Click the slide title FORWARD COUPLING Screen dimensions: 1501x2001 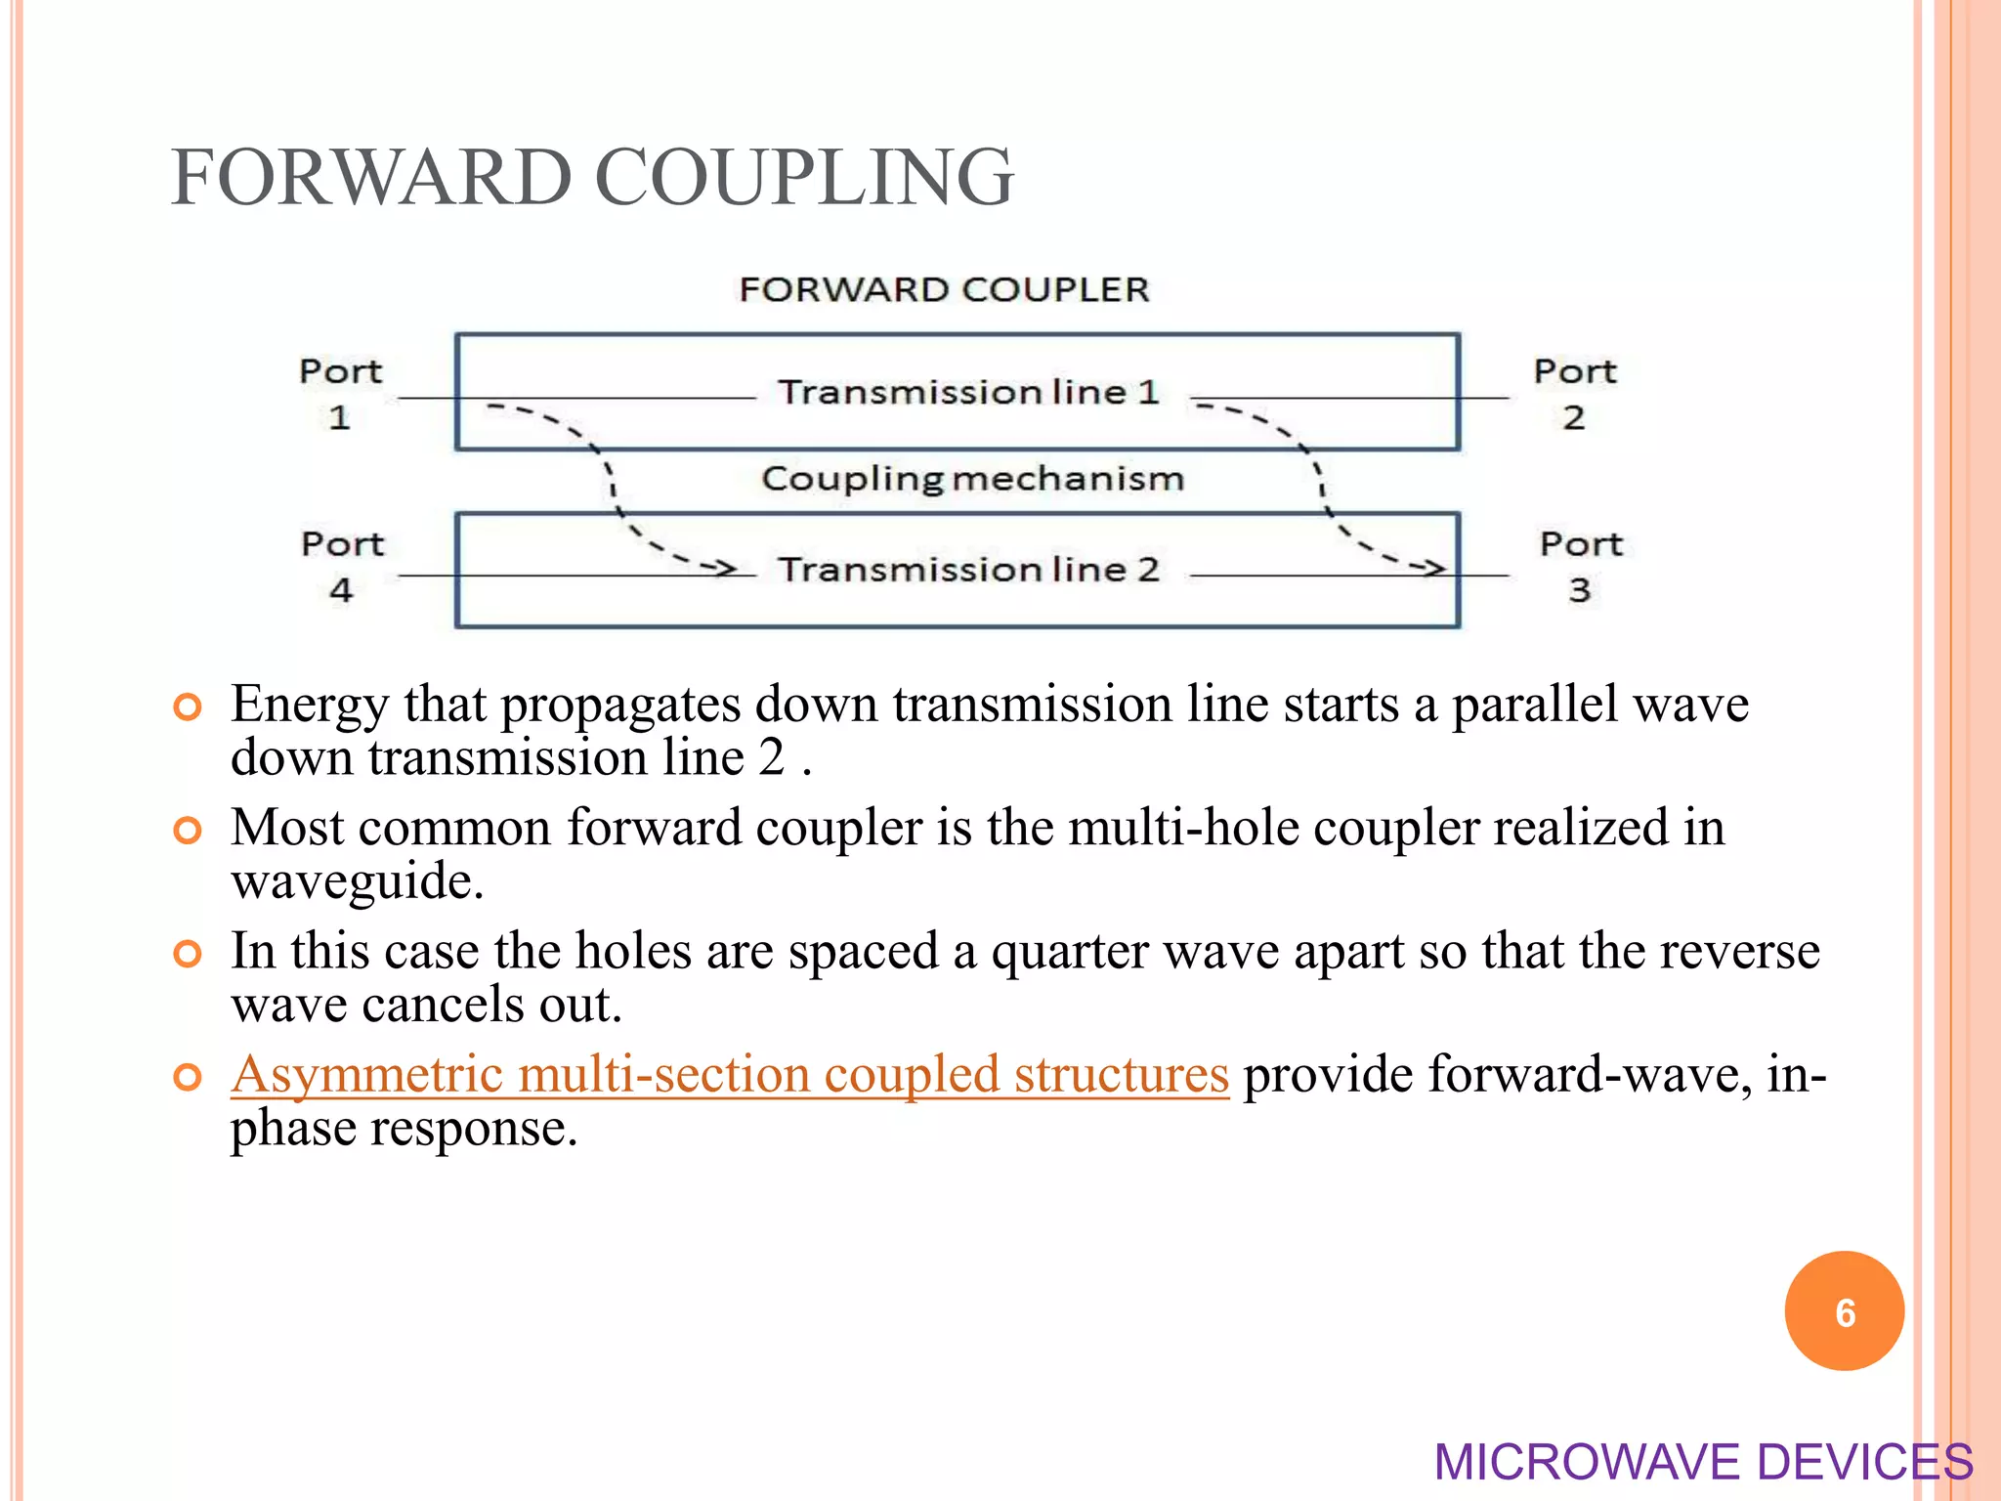[592, 178]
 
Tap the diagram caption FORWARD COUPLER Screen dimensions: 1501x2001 [944, 290]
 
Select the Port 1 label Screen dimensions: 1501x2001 [340, 394]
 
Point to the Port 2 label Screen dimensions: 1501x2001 [1574, 394]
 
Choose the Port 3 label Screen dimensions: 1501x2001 [1581, 567]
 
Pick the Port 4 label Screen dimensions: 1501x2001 [342, 567]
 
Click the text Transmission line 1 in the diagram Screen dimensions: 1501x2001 [968, 393]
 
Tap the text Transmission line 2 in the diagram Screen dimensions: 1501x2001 [968, 570]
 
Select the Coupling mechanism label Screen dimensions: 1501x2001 [972, 479]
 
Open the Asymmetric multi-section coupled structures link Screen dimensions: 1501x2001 [729, 1075]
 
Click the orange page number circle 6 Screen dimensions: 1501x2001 [1844, 1311]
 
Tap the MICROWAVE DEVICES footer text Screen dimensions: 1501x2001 [1703, 1462]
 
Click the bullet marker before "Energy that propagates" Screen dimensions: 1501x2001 [187, 707]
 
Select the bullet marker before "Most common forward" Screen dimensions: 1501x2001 [187, 831]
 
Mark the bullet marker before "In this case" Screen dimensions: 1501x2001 [187, 954]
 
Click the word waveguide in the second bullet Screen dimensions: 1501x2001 [357, 881]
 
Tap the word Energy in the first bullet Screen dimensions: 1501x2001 [310, 706]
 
